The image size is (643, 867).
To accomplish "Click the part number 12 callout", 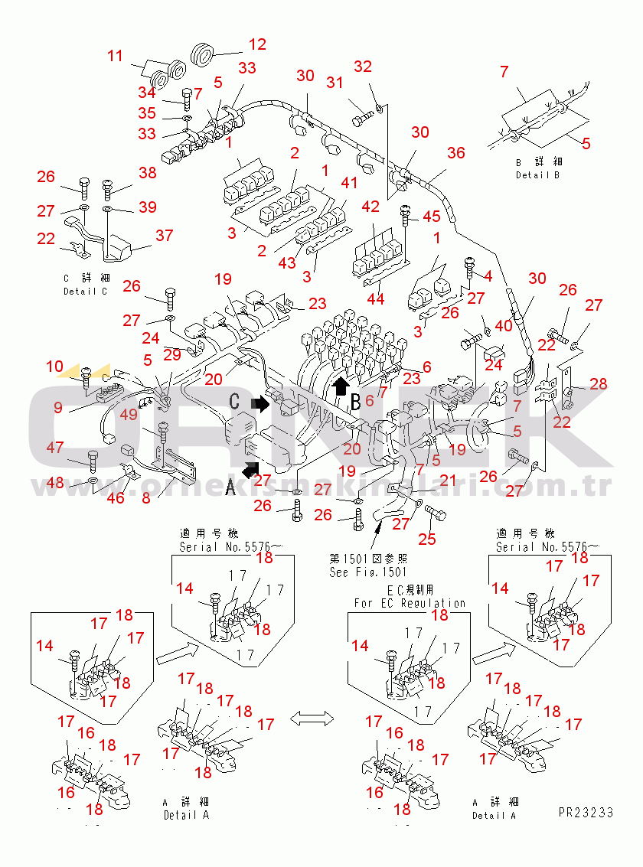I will click(257, 44).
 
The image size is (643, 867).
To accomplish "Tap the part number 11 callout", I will click(115, 56).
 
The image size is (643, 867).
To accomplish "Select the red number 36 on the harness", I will click(456, 153).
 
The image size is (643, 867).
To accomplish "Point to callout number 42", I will click(370, 207).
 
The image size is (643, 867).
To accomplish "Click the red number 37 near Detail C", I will click(164, 236).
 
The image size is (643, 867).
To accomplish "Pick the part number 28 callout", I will click(598, 383).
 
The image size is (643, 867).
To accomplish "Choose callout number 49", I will click(129, 415).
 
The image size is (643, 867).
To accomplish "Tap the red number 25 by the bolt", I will click(426, 539).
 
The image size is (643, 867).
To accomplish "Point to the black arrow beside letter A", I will click(251, 468).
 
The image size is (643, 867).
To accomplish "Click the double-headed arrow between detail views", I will click(313, 718).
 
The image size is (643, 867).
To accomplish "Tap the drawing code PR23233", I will click(586, 813).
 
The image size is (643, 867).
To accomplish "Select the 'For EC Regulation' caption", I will click(410, 603).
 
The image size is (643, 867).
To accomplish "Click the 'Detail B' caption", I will click(537, 175).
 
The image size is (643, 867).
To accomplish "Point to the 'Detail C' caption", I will click(86, 292).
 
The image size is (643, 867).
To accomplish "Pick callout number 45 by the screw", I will click(431, 217).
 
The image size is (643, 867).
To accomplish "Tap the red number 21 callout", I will click(448, 480).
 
